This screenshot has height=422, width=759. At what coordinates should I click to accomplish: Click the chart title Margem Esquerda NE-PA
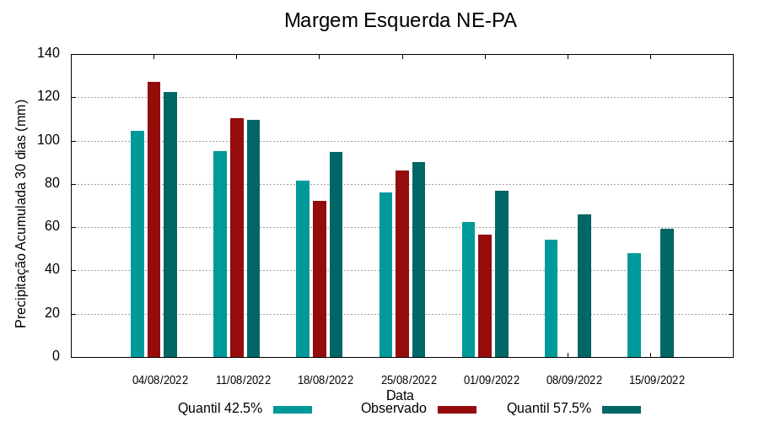click(x=400, y=20)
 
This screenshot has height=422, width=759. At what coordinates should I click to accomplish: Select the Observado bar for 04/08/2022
click(x=153, y=219)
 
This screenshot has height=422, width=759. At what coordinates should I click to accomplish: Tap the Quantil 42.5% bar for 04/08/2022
click(x=137, y=244)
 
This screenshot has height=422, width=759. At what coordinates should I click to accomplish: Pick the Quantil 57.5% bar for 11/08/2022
click(x=253, y=238)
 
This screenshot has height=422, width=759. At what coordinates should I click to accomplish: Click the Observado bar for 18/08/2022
click(x=320, y=279)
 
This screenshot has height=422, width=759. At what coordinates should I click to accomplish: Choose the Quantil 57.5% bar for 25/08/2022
click(x=418, y=259)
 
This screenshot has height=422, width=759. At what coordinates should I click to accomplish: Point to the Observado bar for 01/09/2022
click(x=485, y=295)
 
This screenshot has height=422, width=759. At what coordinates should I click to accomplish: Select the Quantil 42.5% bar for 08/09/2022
click(x=551, y=298)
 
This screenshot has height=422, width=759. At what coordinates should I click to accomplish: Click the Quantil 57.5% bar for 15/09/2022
click(x=667, y=293)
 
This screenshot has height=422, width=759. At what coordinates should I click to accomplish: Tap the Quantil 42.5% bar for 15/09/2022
click(x=634, y=305)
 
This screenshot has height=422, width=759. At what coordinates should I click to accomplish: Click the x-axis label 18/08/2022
click(x=326, y=380)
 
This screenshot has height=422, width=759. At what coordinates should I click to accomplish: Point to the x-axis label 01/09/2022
click(x=491, y=380)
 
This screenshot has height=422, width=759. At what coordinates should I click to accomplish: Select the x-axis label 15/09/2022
click(x=657, y=380)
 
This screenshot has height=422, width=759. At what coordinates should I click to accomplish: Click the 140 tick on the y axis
click(x=49, y=54)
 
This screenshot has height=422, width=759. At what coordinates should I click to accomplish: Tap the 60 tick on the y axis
click(x=52, y=227)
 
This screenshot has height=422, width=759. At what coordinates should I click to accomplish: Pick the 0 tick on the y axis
click(x=56, y=356)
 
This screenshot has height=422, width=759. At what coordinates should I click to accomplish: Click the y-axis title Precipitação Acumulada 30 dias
click(x=22, y=212)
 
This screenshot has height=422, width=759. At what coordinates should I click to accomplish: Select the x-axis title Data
click(x=400, y=395)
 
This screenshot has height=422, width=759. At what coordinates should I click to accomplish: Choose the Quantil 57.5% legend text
click(x=548, y=408)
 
